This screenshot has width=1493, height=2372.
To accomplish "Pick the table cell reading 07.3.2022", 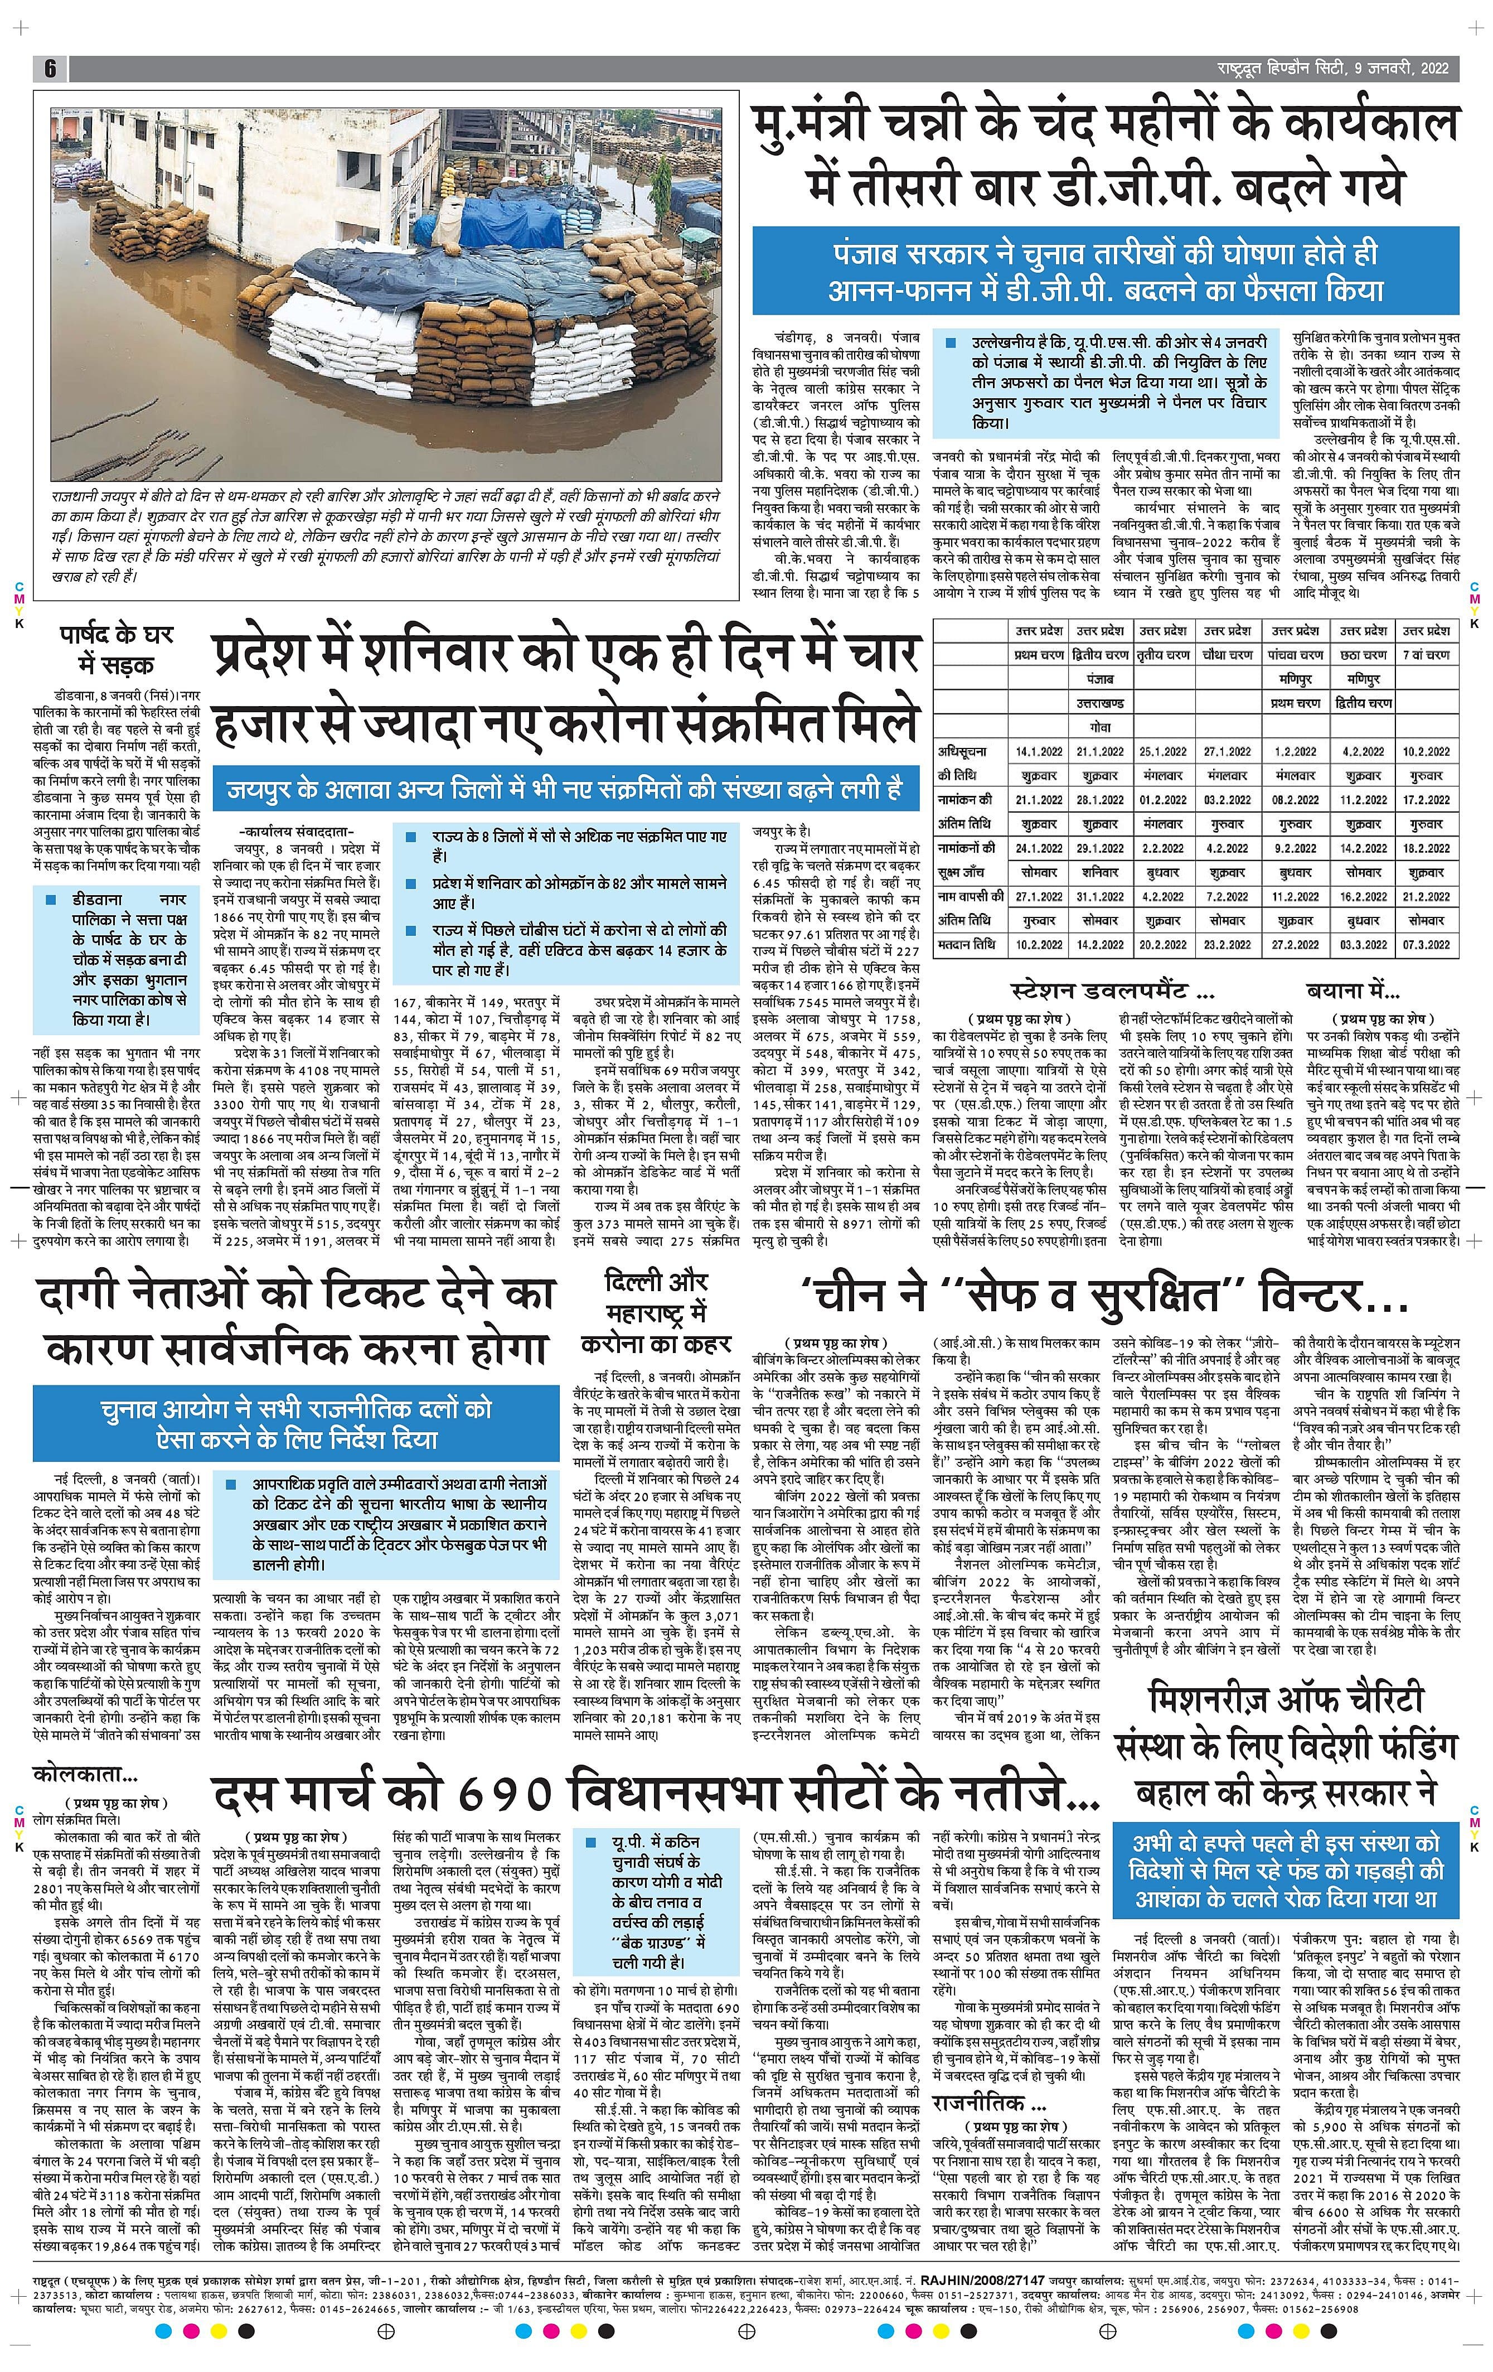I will click(x=1426, y=945).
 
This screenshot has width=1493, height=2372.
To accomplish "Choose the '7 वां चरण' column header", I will click(x=1426, y=655).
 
